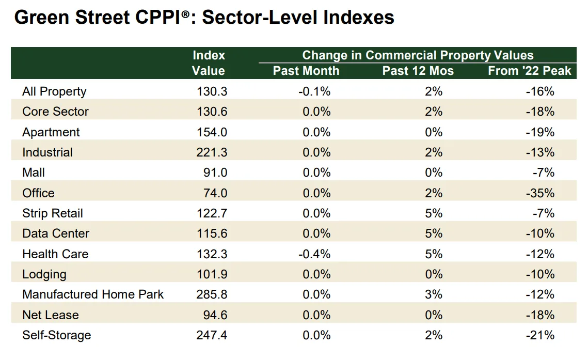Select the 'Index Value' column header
pyautogui.click(x=209, y=63)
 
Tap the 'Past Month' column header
pyautogui.click(x=306, y=71)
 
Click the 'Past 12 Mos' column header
pyautogui.click(x=418, y=71)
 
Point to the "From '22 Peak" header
pyautogui.click(x=529, y=71)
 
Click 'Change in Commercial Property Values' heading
pyautogui.click(x=418, y=55)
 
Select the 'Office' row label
pyautogui.click(x=38, y=193)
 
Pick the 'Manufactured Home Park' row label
pyautogui.click(x=93, y=294)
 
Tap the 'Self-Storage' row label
pyautogui.click(x=56, y=335)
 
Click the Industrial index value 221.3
pyautogui.click(x=212, y=152)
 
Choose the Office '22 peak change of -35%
pyautogui.click(x=542, y=193)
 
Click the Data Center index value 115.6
pyautogui.click(x=212, y=233)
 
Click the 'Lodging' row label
pyautogui.click(x=44, y=274)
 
